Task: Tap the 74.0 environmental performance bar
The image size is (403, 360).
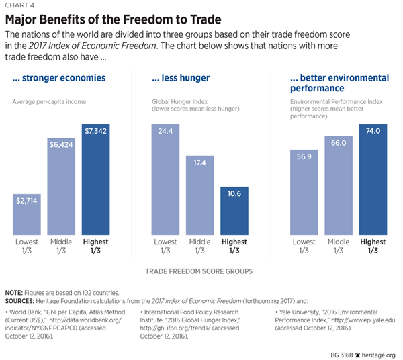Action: [373, 177]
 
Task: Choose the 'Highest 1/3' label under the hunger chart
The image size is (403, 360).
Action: [234, 246]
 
